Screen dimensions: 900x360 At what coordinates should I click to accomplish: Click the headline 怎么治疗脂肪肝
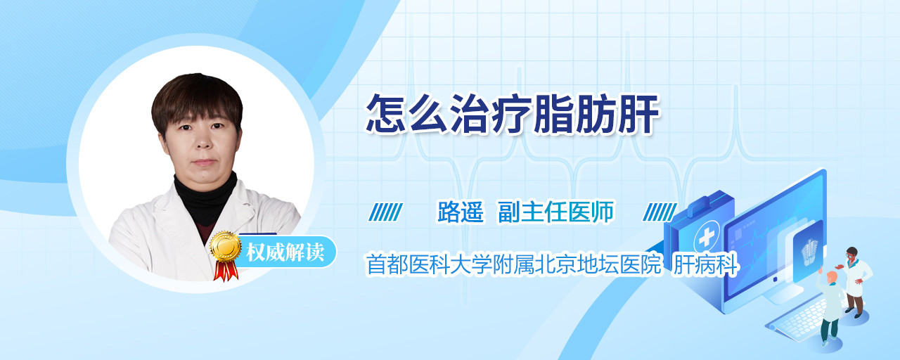point(513,114)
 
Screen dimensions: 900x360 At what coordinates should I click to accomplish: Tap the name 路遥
point(461,212)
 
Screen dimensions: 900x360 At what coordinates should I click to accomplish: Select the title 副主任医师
point(556,212)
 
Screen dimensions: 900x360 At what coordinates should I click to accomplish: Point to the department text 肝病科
point(705,264)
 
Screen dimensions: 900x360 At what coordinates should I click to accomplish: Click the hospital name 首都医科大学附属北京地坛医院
point(514,264)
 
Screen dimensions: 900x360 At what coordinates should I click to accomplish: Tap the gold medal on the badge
point(226,246)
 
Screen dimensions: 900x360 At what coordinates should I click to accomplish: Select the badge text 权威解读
point(285,252)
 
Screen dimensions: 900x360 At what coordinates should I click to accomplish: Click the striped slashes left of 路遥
point(386,212)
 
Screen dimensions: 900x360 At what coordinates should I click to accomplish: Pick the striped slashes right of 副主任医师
point(660,212)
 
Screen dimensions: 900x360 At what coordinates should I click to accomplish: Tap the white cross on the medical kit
point(706,238)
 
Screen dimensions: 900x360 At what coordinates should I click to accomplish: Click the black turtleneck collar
point(206,197)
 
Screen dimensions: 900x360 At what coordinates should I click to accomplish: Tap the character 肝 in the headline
point(639,114)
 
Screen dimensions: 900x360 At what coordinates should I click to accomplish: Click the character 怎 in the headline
point(386,114)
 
